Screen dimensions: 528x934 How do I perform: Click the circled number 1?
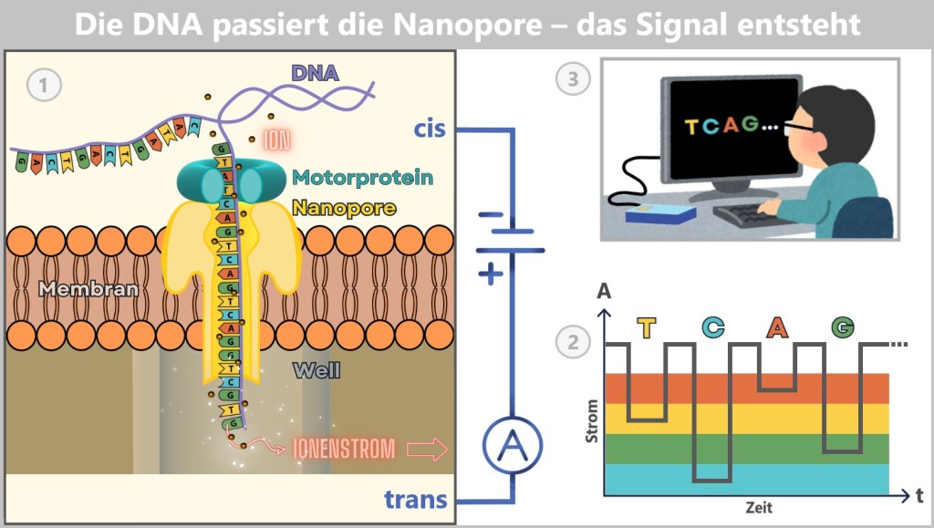click(44, 86)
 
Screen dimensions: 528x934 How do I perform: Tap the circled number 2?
click(573, 344)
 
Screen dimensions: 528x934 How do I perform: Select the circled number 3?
click(573, 79)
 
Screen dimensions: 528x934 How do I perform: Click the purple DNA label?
click(314, 73)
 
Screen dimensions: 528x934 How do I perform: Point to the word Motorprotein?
click(363, 178)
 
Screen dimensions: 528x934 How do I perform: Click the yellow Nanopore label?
click(344, 208)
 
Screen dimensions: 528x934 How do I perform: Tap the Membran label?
click(88, 290)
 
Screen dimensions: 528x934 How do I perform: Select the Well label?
click(317, 370)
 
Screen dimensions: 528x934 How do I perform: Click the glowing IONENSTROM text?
click(345, 449)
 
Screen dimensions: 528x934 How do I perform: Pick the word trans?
click(416, 500)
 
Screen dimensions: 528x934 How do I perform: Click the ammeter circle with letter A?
click(512, 445)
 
